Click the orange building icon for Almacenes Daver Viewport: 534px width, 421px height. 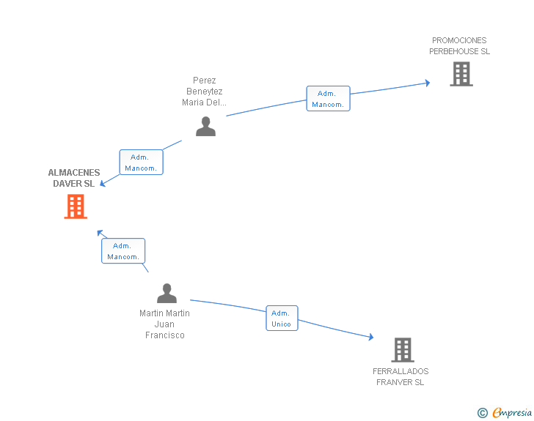pos(76,206)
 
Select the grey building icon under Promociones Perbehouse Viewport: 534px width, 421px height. pos(461,74)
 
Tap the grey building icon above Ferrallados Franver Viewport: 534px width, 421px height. pos(403,349)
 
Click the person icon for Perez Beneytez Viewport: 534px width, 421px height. pos(205,126)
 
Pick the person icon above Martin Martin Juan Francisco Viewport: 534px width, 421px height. pos(167,293)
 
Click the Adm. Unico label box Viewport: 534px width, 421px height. pos(282,318)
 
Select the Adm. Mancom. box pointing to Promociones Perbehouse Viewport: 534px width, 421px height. pos(329,99)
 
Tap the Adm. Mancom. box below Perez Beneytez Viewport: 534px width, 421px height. pos(142,163)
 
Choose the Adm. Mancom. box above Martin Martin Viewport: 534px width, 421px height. pos(123,251)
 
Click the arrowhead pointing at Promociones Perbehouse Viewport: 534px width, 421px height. pos(428,83)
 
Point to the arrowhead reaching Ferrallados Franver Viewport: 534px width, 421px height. pos(371,337)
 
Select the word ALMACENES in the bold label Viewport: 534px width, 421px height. pos(74,172)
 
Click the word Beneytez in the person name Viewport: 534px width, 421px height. pos(205,91)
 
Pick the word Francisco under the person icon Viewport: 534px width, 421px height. pos(165,335)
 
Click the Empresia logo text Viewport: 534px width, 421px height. pos(512,412)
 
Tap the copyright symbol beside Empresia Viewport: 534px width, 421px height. pos(483,413)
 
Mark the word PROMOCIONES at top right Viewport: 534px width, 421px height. pos(459,40)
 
